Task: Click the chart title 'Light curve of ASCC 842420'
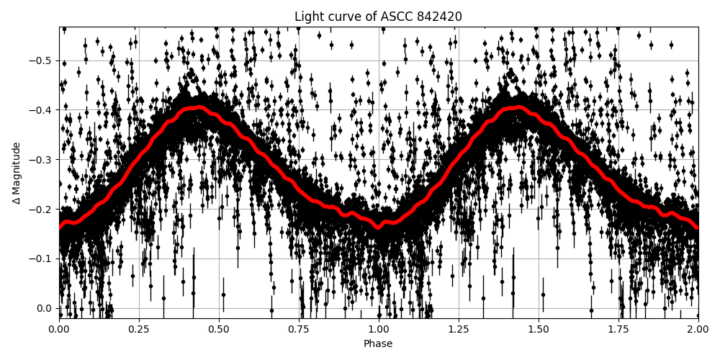click(x=378, y=17)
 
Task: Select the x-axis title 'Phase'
click(x=378, y=343)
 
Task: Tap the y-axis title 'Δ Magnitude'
click(x=16, y=173)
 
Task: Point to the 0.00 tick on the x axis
click(x=59, y=328)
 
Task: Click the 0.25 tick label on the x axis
click(x=139, y=328)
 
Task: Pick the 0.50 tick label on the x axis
click(x=219, y=328)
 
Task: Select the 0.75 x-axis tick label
click(x=299, y=328)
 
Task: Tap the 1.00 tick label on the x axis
click(x=379, y=328)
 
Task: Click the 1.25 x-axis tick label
click(x=459, y=328)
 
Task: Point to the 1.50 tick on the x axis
click(x=539, y=328)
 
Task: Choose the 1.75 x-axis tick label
click(x=618, y=328)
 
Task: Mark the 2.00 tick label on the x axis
click(x=698, y=328)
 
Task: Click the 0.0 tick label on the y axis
click(x=45, y=308)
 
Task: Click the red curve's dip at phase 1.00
click(x=379, y=228)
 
